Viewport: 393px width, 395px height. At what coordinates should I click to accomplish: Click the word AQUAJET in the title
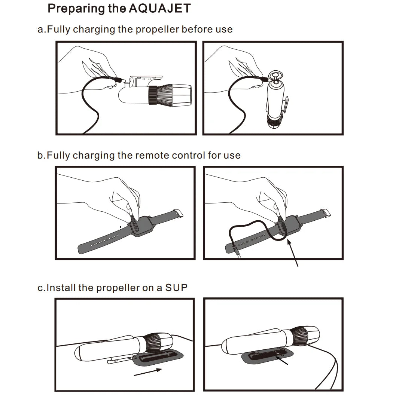[x=159, y=8]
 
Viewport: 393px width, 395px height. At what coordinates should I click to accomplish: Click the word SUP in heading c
[x=176, y=287]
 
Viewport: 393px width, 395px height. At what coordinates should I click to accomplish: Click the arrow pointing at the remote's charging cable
[x=293, y=252]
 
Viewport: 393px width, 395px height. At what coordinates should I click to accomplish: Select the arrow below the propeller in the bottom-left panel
[x=148, y=372]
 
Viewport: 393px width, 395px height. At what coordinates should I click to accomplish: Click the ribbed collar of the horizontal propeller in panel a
[x=152, y=95]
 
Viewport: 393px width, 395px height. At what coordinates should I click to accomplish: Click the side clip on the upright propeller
[x=286, y=106]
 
